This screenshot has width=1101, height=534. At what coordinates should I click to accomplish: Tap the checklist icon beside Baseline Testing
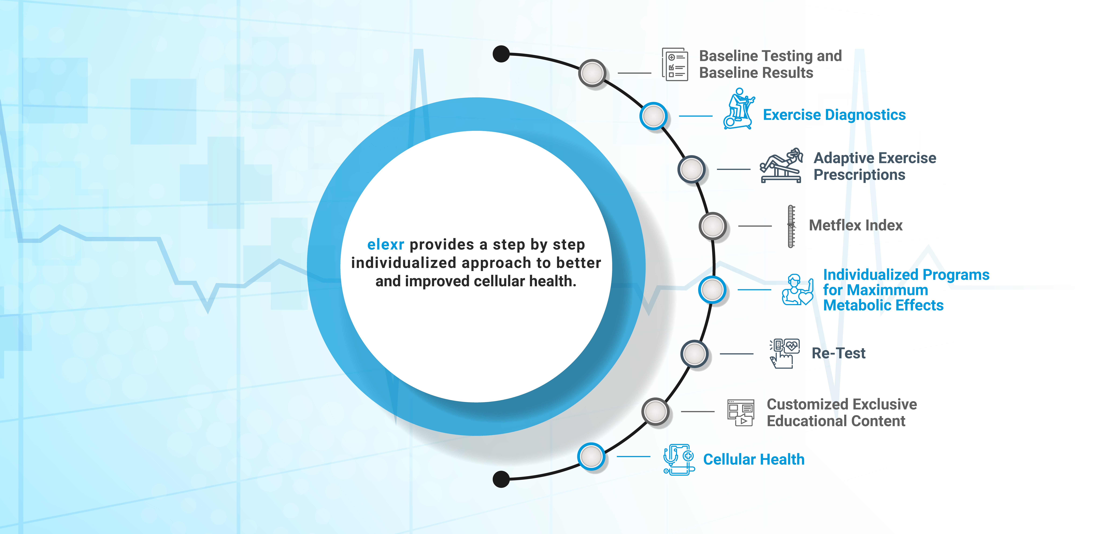[675, 64]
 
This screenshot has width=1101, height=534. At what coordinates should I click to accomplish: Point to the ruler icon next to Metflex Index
[791, 226]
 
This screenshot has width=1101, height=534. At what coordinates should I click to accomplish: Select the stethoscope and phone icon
[678, 459]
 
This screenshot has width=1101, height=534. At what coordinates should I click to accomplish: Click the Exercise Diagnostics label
[834, 115]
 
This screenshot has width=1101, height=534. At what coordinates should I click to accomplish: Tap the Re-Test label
[838, 353]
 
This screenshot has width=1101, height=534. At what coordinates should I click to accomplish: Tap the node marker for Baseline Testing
[592, 73]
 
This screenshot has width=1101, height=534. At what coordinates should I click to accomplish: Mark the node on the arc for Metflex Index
[712, 225]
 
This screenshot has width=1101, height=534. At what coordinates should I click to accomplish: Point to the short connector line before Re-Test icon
[736, 354]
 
